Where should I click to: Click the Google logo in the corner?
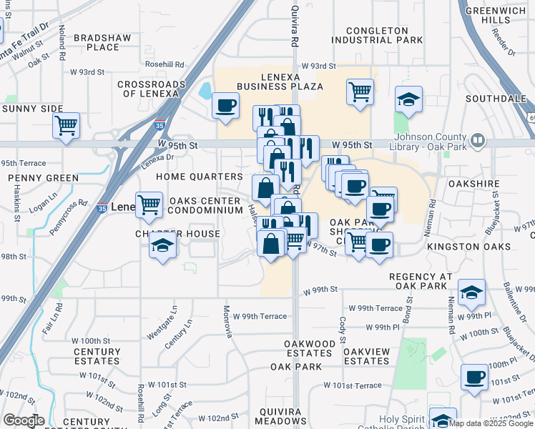coord(24,421)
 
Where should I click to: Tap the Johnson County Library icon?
coord(478,139)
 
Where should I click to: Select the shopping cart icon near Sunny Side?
coord(66,126)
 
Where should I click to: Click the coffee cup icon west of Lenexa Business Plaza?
coord(225,106)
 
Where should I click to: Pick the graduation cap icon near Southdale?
coord(408,99)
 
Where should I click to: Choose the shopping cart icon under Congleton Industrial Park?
coord(359,91)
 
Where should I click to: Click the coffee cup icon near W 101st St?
coord(473,377)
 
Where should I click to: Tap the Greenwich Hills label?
coord(496,16)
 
